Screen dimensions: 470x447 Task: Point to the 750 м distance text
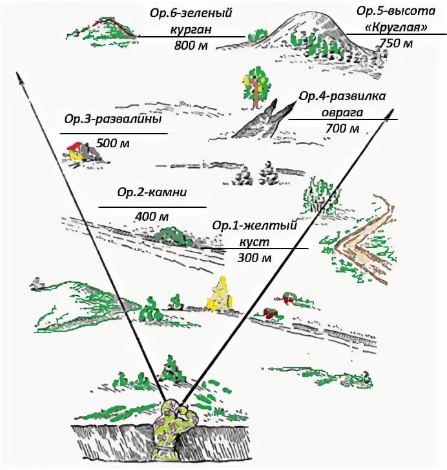click(x=395, y=44)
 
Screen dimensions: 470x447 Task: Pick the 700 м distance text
click(x=342, y=128)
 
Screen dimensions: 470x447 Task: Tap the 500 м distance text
click(x=112, y=143)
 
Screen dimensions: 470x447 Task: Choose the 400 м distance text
click(x=152, y=216)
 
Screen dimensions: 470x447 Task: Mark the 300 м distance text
click(x=254, y=258)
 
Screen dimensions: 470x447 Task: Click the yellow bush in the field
click(x=220, y=294)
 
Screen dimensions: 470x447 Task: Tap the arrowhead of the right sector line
click(x=390, y=115)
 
